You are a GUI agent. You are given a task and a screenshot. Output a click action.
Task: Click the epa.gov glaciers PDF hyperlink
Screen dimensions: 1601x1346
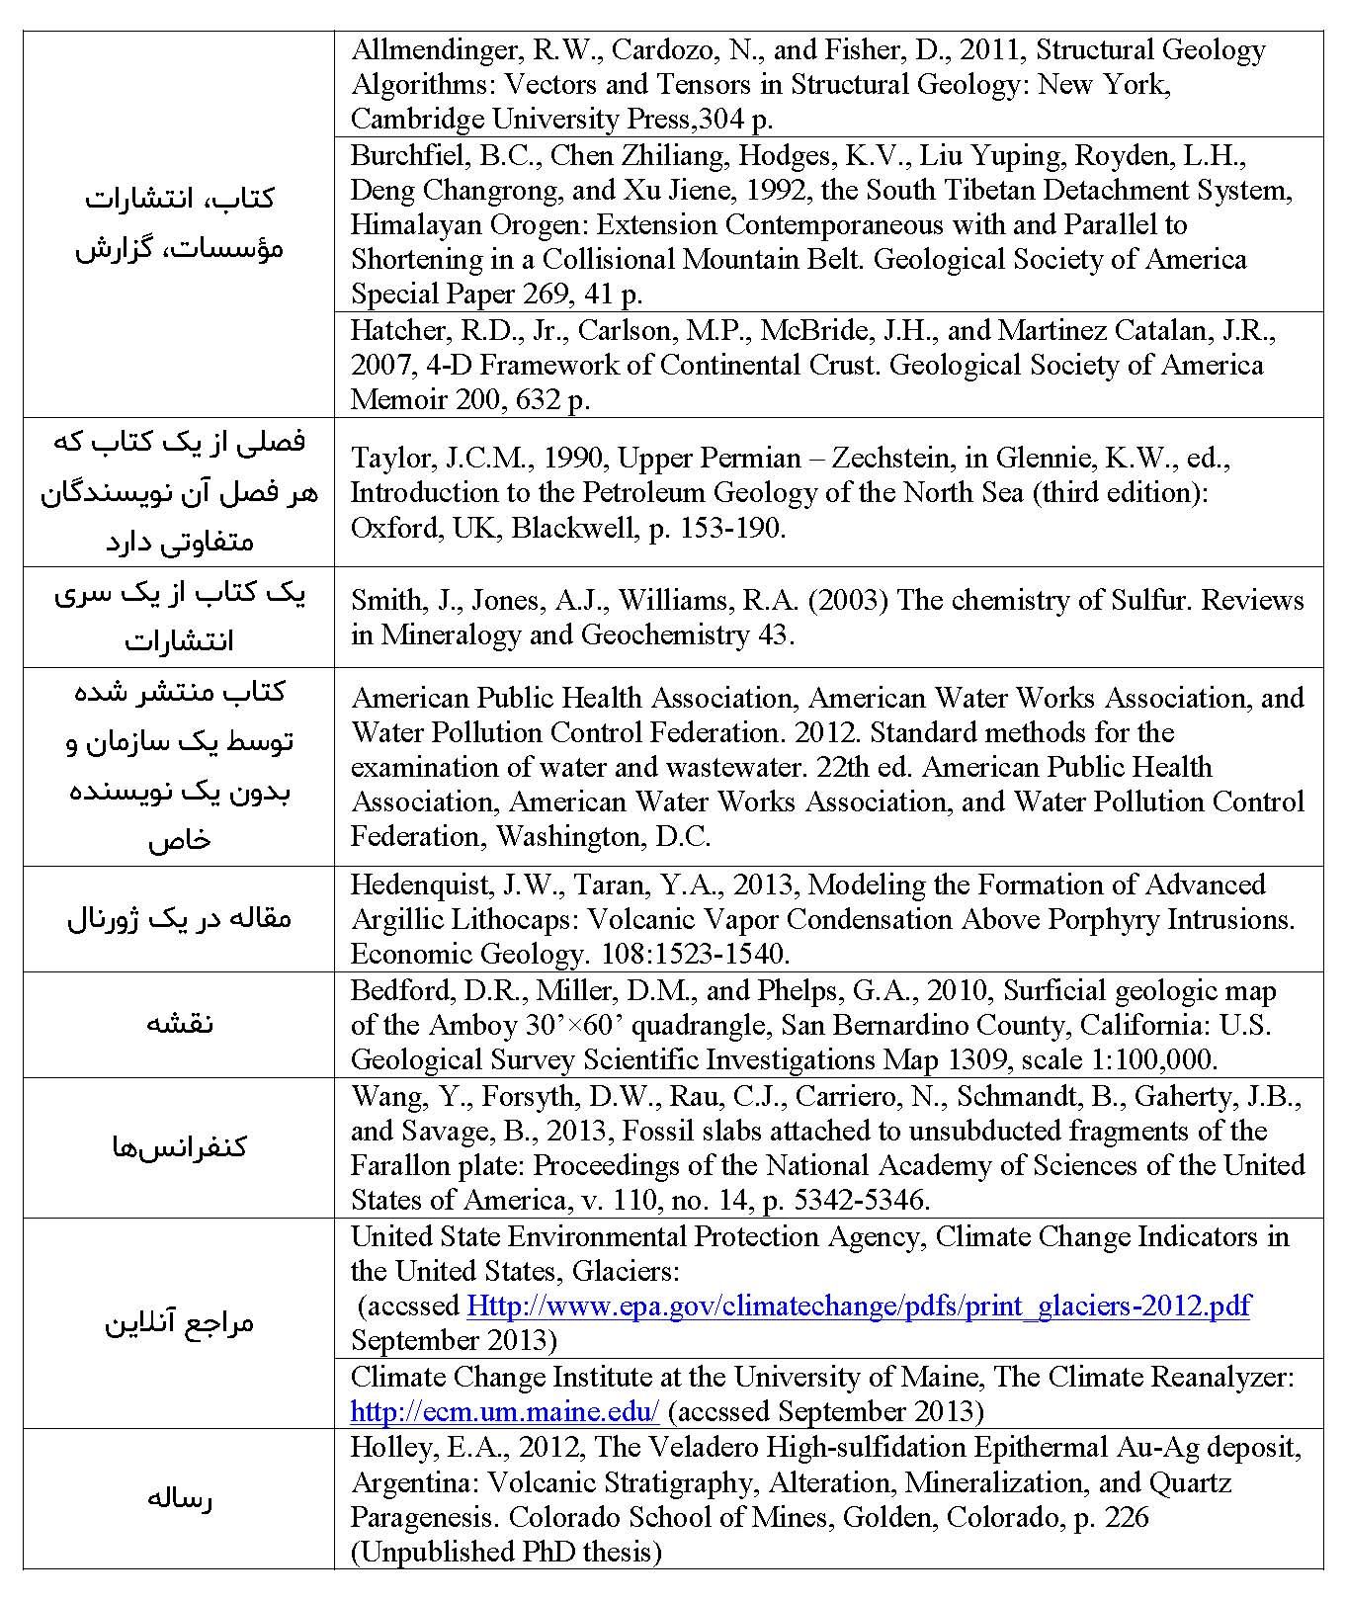click(x=858, y=1306)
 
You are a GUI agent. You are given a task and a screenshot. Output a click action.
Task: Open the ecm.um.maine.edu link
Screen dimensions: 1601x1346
click(x=504, y=1410)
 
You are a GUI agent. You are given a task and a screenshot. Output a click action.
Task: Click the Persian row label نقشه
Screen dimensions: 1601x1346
click(x=179, y=1024)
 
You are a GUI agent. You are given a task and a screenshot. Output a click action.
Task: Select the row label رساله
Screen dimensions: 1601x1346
click(x=179, y=1498)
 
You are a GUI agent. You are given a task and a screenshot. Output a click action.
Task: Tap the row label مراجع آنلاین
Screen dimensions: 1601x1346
click(x=179, y=1322)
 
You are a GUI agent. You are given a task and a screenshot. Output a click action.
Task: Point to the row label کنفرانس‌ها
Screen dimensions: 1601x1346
click(x=179, y=1146)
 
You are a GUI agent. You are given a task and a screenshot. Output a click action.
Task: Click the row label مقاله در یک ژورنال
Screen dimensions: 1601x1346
click(x=179, y=918)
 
